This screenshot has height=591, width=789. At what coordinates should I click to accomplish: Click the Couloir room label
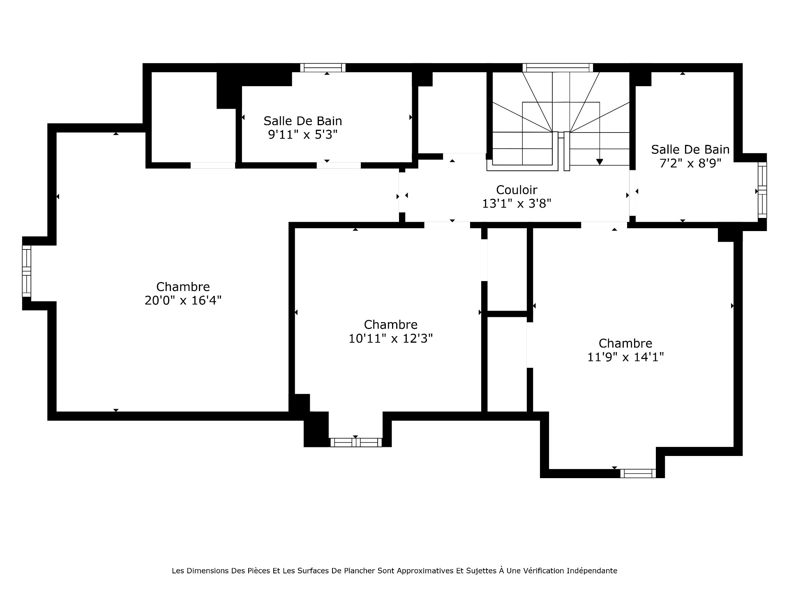(x=517, y=190)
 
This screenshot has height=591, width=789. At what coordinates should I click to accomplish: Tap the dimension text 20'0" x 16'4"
(x=183, y=300)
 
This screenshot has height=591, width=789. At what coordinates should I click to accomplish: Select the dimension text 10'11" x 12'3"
(x=391, y=339)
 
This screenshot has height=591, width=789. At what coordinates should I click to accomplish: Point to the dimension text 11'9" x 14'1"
(x=625, y=357)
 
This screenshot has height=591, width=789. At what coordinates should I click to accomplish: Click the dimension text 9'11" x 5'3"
(x=303, y=135)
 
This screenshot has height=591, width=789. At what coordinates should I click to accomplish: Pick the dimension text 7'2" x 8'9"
(x=690, y=163)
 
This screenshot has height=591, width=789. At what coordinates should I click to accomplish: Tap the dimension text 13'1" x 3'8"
(x=517, y=204)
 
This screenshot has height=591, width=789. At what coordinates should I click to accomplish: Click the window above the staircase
(x=558, y=68)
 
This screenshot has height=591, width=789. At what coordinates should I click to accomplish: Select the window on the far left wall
(x=26, y=271)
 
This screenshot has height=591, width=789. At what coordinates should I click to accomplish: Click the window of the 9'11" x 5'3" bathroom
(x=323, y=68)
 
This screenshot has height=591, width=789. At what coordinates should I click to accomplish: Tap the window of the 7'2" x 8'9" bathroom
(x=762, y=190)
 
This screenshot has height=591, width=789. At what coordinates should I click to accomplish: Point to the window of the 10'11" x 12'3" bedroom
(x=356, y=442)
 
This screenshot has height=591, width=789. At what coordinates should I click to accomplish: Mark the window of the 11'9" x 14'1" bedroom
(x=638, y=474)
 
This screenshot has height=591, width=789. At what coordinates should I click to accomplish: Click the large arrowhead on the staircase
(x=600, y=162)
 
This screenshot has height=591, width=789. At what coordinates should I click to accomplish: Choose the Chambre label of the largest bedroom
(x=183, y=286)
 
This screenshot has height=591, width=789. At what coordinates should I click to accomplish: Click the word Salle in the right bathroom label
(x=664, y=149)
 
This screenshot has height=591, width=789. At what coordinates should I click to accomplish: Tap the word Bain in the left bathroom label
(x=328, y=121)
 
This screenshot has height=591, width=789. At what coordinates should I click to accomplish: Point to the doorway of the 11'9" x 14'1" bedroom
(x=604, y=225)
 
